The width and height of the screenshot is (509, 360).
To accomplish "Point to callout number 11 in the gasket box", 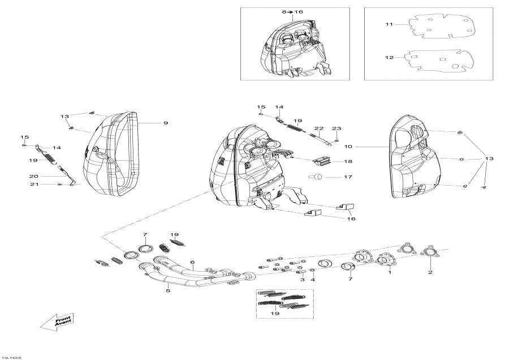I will tap(389, 24).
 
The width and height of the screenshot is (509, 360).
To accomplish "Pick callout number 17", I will tap(348, 177).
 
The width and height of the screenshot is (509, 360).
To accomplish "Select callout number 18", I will tap(348, 161).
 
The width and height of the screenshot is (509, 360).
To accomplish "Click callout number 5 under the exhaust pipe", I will tap(167, 291).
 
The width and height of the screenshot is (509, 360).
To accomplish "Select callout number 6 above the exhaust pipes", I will tap(192, 262).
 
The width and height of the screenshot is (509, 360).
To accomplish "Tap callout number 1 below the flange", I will tap(389, 272).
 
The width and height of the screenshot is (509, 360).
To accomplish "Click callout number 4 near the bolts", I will tap(312, 280).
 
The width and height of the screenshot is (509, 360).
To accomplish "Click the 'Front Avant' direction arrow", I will tap(57, 323).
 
